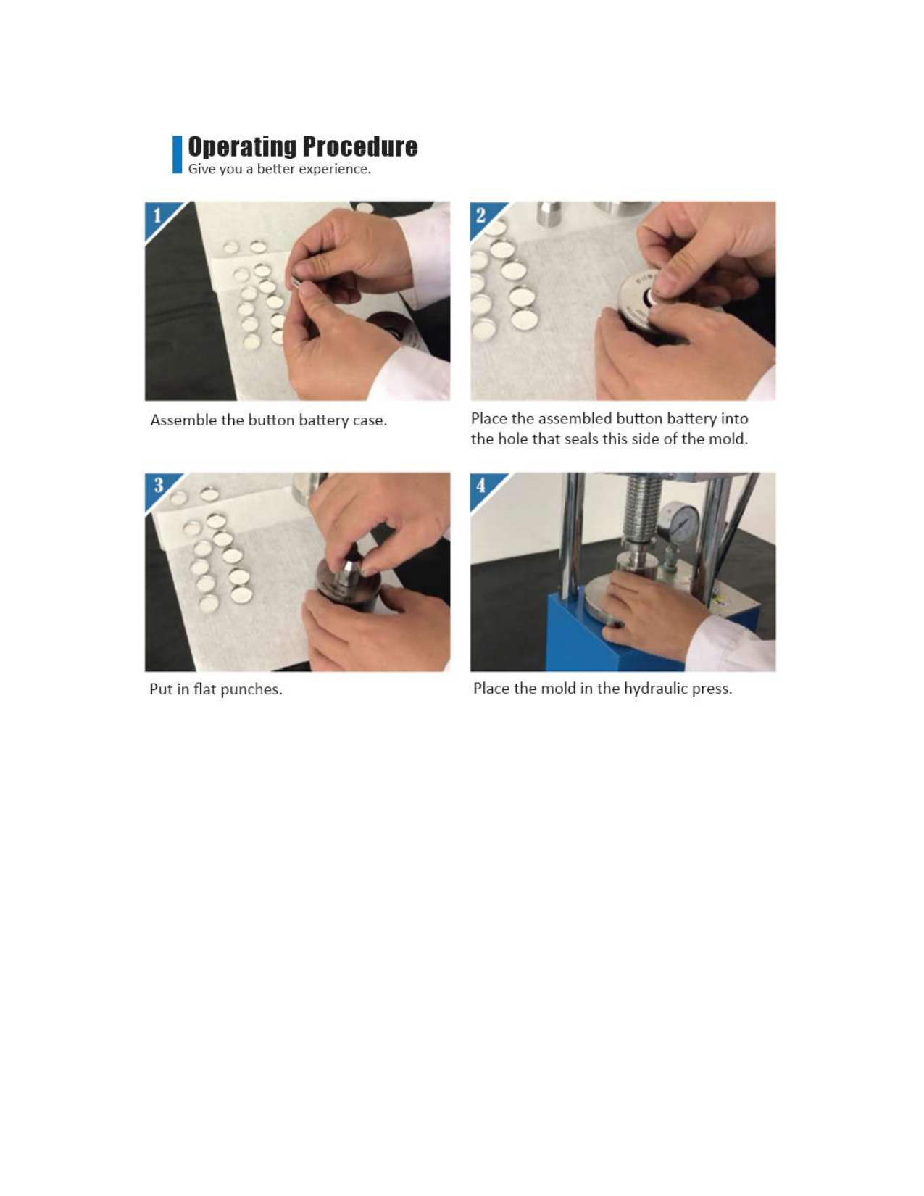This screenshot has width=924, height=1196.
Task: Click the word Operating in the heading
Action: pos(242,147)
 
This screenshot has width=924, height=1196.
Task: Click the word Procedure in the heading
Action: pos(360,146)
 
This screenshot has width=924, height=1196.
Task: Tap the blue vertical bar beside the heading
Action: pos(178,154)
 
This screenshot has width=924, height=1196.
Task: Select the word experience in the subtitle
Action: pos(342,170)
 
